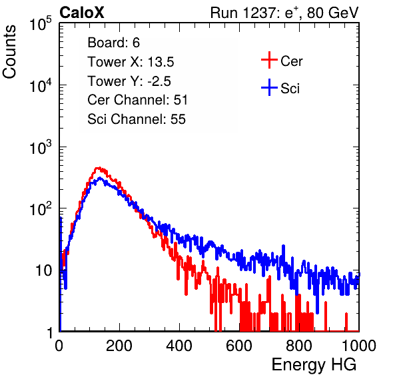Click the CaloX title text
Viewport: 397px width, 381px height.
point(82,13)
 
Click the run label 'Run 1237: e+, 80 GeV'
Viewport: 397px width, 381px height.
point(284,13)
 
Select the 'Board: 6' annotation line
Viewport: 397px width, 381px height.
point(113,43)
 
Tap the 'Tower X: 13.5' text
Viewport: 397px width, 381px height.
point(131,62)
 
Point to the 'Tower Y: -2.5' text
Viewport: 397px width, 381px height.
point(129,81)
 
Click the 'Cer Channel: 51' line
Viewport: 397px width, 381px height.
point(137,100)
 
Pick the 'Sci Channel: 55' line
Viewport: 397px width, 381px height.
point(137,119)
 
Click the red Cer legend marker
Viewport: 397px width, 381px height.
point(269,60)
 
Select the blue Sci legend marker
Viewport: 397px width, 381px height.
point(269,88)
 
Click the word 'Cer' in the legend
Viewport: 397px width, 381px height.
point(291,61)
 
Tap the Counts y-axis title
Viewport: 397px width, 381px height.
point(9,52)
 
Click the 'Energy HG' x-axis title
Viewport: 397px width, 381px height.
point(314,365)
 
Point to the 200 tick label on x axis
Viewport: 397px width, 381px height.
point(119,346)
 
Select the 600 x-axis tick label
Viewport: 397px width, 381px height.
point(239,346)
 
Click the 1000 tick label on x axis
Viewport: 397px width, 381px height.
point(359,346)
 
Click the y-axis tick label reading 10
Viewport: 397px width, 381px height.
point(44,270)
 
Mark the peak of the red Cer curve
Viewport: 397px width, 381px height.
point(99,168)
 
